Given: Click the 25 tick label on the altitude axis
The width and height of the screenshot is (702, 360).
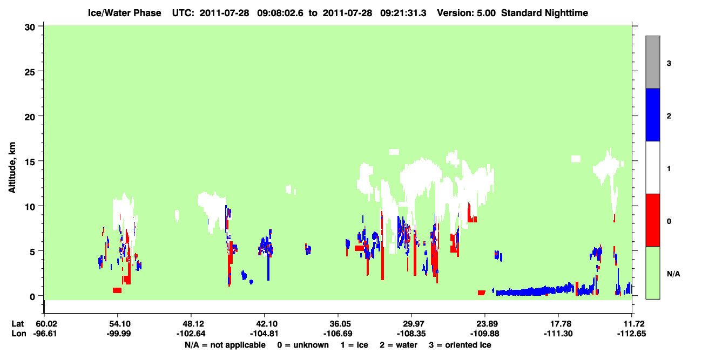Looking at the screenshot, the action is pos(30,72).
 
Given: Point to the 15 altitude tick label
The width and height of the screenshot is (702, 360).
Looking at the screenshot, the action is pos(30,162).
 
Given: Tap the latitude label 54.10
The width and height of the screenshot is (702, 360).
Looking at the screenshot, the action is pos(118,324).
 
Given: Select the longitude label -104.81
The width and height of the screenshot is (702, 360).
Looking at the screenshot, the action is pos(264,334).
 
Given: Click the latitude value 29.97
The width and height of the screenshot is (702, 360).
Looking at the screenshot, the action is pos(411,324).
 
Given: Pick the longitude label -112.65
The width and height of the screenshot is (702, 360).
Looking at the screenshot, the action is pos(631,334).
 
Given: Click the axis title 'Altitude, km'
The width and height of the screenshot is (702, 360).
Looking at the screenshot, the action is pos(12,167).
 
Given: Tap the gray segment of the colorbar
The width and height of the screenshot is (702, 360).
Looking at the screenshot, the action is pos(653,62).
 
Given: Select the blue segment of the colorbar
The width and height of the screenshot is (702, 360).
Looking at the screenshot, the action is pos(653,114).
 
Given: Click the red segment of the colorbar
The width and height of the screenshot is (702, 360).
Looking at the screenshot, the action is pos(653,220).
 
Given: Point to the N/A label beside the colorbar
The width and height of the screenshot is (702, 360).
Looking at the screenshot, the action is pos(673,274).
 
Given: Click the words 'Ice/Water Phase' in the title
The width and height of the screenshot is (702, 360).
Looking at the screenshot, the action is pos(124,13).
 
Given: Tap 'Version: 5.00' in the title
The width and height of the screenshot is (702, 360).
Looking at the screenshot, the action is pos(467,13).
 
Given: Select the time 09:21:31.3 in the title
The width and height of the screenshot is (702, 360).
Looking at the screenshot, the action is pos(403,13).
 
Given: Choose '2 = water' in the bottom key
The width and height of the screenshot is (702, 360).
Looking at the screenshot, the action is pos(399,345).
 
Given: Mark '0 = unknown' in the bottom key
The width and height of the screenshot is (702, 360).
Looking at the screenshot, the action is pos(303,345).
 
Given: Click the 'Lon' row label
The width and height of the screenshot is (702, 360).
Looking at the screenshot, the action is pos(19,334).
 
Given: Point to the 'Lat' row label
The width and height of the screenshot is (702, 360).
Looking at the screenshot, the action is pos(18,324).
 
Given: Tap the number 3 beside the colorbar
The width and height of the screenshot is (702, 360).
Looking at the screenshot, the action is pos(669,64).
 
